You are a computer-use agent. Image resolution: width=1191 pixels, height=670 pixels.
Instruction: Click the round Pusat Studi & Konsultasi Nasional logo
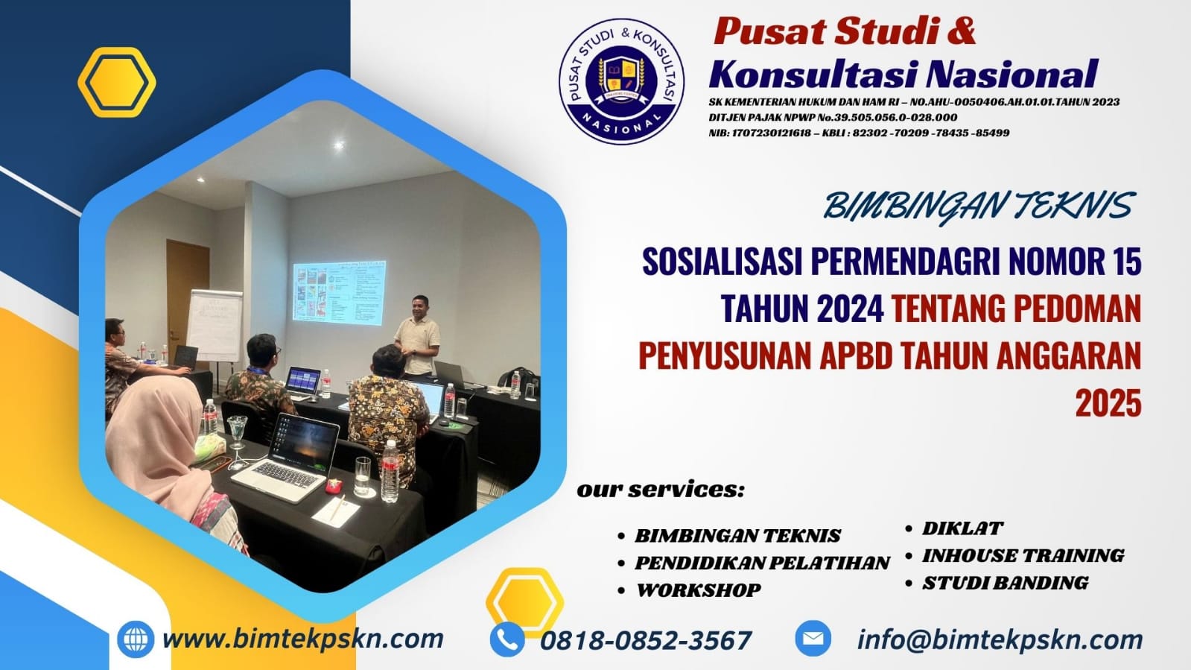pos(621,80)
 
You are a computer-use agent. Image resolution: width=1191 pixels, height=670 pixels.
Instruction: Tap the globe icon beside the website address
pos(136,639)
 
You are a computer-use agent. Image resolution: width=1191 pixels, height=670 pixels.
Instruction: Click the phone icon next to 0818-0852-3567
pos(507,639)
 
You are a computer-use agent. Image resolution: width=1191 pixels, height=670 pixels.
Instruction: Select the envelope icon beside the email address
pos(813,639)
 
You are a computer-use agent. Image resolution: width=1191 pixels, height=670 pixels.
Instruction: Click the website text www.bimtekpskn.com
pos(302,639)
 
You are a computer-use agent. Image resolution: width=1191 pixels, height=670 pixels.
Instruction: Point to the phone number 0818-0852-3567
pos(645,640)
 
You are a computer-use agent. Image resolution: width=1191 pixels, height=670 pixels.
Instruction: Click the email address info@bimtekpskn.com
pos(1000,639)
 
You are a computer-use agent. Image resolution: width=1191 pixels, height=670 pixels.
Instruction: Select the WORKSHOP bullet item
pos(698,590)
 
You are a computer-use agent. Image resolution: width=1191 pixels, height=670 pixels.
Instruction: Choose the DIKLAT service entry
pos(962,528)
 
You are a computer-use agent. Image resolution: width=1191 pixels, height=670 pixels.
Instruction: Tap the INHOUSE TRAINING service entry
pos(1023,555)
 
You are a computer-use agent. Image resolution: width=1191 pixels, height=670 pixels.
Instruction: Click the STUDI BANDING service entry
pos(1005,583)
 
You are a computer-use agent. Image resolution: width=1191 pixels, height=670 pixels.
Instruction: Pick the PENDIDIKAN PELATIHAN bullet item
pos(761,563)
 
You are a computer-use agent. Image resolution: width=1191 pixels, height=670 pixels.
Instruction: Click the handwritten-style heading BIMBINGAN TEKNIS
pos(978,206)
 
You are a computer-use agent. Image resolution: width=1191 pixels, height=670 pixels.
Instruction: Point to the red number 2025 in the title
pos(1108,403)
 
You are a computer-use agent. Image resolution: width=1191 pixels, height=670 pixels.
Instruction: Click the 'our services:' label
pos(660,490)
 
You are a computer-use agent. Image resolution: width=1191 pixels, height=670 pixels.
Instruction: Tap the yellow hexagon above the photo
pos(117,82)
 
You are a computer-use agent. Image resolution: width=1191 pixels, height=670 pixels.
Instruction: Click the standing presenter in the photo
pos(417,335)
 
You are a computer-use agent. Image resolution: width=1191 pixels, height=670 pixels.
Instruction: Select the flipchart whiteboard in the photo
pos(215,323)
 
